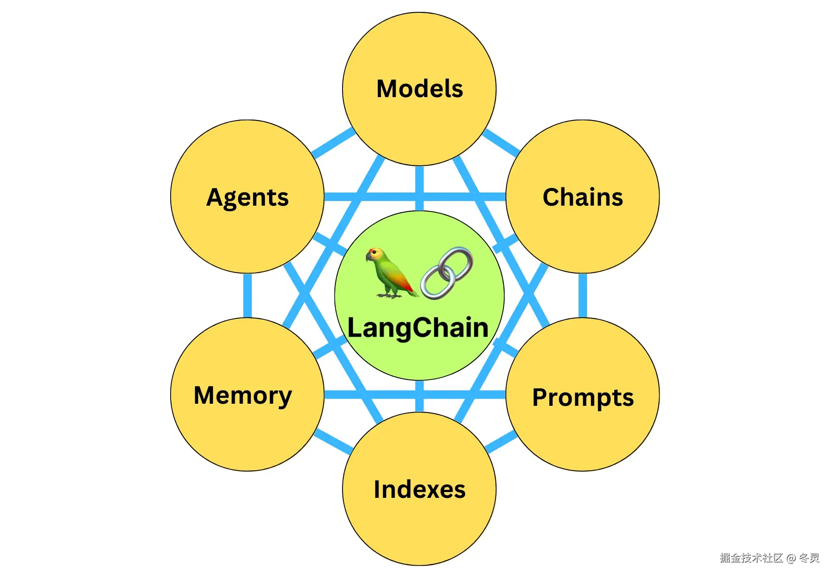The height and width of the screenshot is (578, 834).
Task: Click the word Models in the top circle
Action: pyautogui.click(x=419, y=89)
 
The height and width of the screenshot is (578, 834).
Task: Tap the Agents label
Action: pyautogui.click(x=247, y=198)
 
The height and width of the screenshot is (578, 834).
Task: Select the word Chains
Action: pyautogui.click(x=583, y=197)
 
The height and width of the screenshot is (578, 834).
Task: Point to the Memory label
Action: pyautogui.click(x=243, y=395)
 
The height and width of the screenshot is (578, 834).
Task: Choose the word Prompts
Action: pyautogui.click(x=583, y=398)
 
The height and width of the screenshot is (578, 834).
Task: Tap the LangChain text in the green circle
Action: pyautogui.click(x=418, y=328)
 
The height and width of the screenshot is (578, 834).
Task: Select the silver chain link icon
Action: pyautogui.click(x=447, y=273)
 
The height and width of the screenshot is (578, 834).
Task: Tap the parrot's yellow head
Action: pyautogui.click(x=375, y=254)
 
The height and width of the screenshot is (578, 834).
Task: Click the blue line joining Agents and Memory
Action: pyautogui.click(x=247, y=295)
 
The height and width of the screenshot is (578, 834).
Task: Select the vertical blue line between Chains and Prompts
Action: pyautogui.click(x=583, y=295)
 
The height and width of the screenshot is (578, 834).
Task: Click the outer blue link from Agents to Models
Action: pyautogui.click(x=333, y=143)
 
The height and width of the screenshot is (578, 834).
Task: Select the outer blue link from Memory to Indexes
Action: pyautogui.click(x=334, y=441)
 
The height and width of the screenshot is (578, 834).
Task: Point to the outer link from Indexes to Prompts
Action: pyautogui.click(x=501, y=442)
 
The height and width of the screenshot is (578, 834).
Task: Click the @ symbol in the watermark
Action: pyautogui.click(x=791, y=558)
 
